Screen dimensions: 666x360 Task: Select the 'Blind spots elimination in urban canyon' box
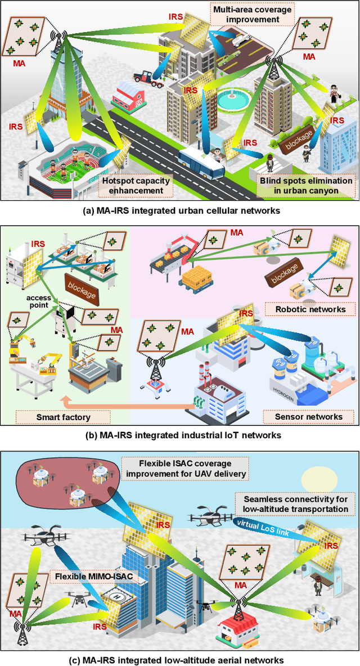click(x=306, y=186)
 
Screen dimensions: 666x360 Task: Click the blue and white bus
click(x=201, y=163)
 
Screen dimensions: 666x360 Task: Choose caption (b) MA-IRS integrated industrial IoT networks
click(x=179, y=435)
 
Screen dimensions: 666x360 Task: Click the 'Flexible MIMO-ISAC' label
click(x=86, y=577)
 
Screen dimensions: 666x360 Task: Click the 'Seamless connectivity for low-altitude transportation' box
click(x=295, y=504)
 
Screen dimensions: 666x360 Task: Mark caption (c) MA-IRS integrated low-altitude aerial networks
click(x=179, y=659)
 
